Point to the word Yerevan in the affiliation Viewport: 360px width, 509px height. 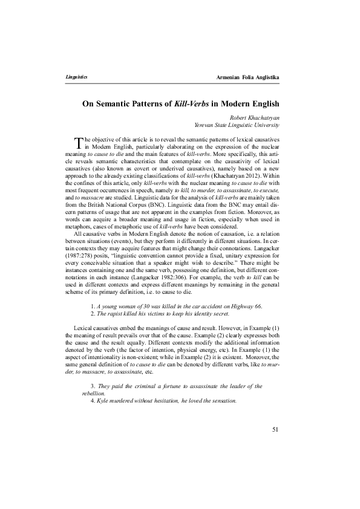[x=205, y=125]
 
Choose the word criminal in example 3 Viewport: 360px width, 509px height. [x=148, y=385]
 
